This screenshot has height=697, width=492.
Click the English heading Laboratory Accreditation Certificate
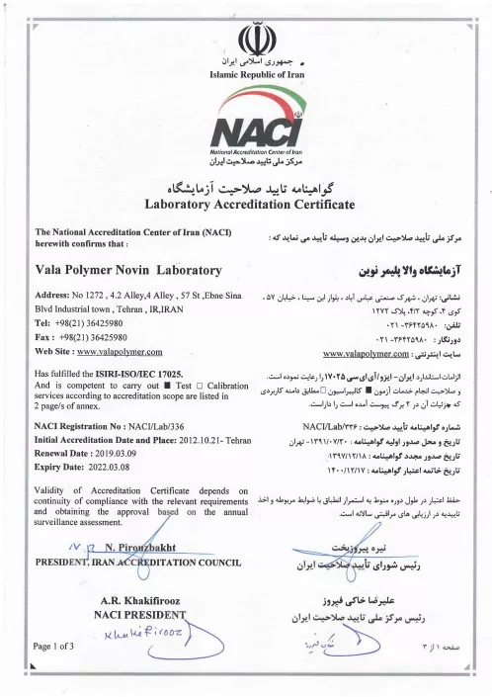point(248,205)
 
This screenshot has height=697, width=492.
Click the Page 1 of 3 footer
point(57,646)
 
